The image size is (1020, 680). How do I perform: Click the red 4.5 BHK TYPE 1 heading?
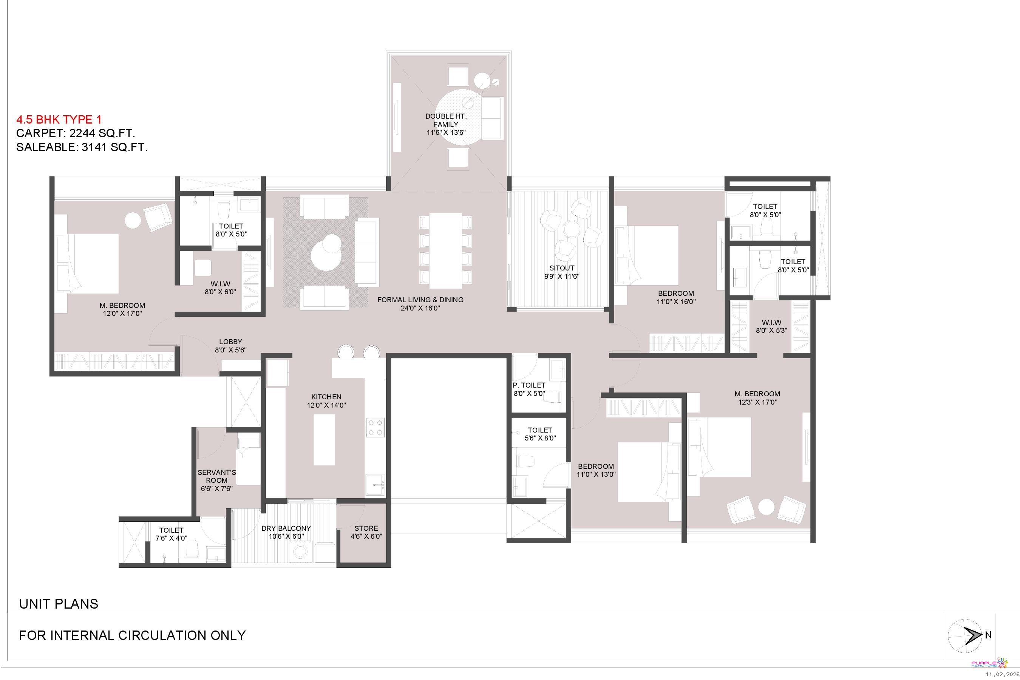59,119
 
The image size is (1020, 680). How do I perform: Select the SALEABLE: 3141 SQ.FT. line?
82,147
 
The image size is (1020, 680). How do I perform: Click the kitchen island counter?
324,440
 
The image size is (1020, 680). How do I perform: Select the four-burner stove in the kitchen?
375,427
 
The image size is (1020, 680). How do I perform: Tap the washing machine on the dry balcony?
299,552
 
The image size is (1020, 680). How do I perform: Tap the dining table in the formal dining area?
445,251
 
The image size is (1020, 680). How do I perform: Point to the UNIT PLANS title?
59,604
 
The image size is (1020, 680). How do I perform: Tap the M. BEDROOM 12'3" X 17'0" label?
757,398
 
